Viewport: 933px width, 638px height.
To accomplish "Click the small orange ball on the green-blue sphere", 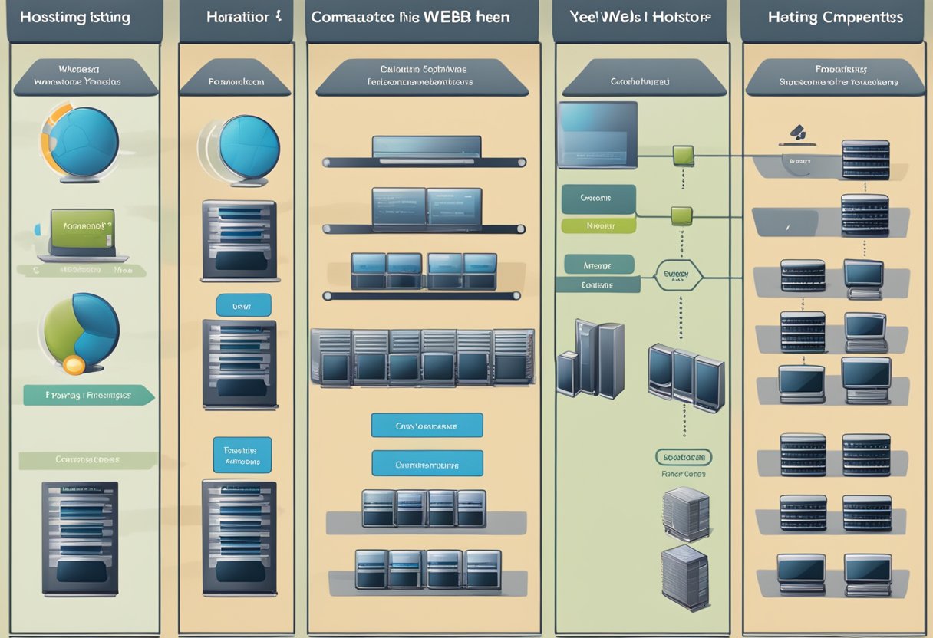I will point(74,365).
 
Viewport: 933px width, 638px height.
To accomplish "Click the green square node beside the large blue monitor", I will point(682,156).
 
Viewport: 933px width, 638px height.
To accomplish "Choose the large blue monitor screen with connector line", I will point(597,135).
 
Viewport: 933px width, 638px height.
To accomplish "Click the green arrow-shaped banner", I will point(88,396).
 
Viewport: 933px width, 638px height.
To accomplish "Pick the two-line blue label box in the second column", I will point(242,455).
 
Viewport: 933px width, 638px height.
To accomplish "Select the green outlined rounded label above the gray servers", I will point(684,458).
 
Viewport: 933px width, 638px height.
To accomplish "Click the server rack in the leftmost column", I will point(80,538).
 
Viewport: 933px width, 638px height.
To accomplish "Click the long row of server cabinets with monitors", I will point(422,357).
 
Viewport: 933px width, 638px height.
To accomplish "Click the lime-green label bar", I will point(598,225).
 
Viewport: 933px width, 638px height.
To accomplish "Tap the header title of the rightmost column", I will point(836,17).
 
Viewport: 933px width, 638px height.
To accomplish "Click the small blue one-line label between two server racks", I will point(243,305).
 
